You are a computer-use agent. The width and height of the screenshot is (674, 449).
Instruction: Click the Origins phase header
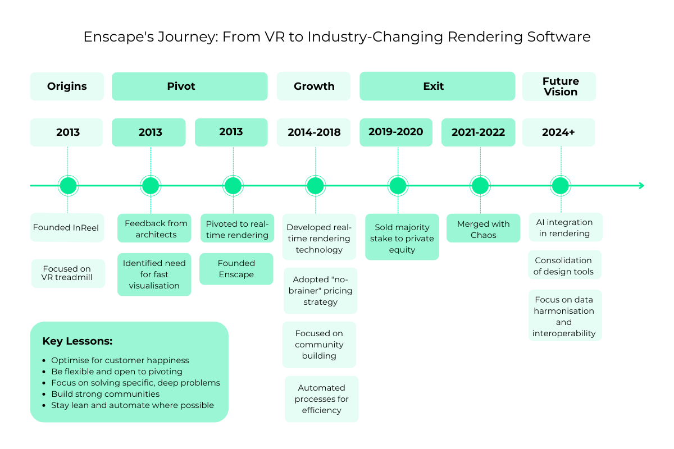(67, 86)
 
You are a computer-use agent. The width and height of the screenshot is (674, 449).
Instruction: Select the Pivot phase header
(189, 86)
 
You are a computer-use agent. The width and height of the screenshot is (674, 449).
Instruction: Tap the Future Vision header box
(559, 86)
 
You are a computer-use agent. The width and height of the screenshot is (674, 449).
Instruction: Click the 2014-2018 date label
(314, 132)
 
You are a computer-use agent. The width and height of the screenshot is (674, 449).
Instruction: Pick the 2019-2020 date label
(396, 132)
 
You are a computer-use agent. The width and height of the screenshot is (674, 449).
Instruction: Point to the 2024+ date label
(558, 132)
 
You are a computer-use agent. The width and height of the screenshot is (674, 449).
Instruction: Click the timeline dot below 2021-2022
(480, 185)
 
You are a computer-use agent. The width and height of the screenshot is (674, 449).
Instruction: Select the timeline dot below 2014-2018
(315, 185)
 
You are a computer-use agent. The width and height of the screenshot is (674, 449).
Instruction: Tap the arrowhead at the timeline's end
(641, 185)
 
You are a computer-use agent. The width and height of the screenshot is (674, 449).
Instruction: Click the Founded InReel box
(67, 228)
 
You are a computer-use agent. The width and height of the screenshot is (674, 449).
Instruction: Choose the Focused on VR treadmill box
(68, 273)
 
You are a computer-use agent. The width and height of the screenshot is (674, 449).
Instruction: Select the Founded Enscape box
(236, 269)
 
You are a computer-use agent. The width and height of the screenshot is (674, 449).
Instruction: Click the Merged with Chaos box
(483, 229)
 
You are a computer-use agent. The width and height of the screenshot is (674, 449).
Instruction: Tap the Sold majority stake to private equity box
(402, 238)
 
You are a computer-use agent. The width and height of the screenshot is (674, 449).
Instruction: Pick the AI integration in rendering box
(564, 227)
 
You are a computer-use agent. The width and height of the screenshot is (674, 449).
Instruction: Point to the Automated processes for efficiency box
(321, 399)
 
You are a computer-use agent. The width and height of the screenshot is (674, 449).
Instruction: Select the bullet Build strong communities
(106, 394)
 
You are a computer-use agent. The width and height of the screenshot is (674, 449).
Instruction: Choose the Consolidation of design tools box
(563, 265)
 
